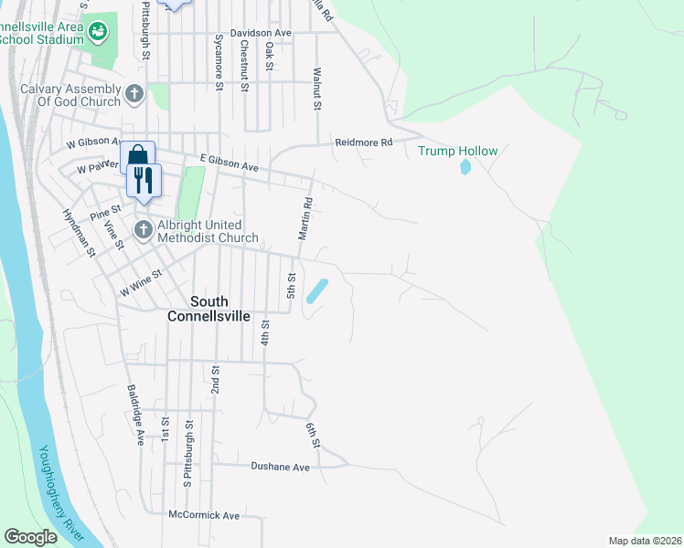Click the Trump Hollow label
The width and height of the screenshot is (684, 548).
[458, 151]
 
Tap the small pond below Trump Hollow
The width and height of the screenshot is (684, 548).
[465, 167]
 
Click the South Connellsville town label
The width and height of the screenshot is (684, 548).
[209, 309]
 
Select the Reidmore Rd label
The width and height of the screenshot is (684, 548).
[363, 142]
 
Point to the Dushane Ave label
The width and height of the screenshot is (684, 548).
[280, 467]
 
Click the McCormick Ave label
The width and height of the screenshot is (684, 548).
[204, 516]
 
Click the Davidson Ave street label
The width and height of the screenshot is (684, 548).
[261, 33]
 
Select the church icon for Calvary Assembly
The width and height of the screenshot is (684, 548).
[134, 93]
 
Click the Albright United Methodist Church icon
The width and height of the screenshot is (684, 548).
[144, 229]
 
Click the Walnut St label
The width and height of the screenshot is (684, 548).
[317, 89]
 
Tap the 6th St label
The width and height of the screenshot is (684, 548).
[313, 435]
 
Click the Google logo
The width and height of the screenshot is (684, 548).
[30, 537]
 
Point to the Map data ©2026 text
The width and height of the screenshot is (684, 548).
[645, 541]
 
